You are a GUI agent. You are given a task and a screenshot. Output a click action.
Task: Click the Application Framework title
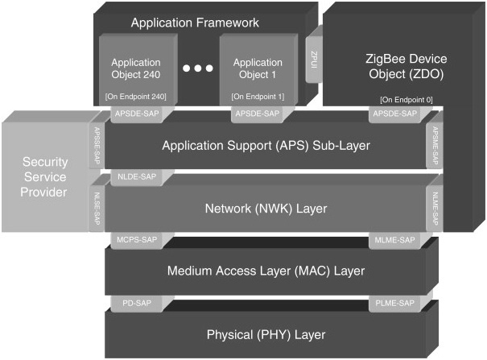(195, 23)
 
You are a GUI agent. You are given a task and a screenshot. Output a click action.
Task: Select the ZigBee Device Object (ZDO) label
(393, 66)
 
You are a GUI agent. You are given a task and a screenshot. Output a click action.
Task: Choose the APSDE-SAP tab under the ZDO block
(394, 114)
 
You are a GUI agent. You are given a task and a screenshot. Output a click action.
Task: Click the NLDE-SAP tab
(131, 175)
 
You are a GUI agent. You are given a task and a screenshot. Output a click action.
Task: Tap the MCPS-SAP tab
(131, 239)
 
